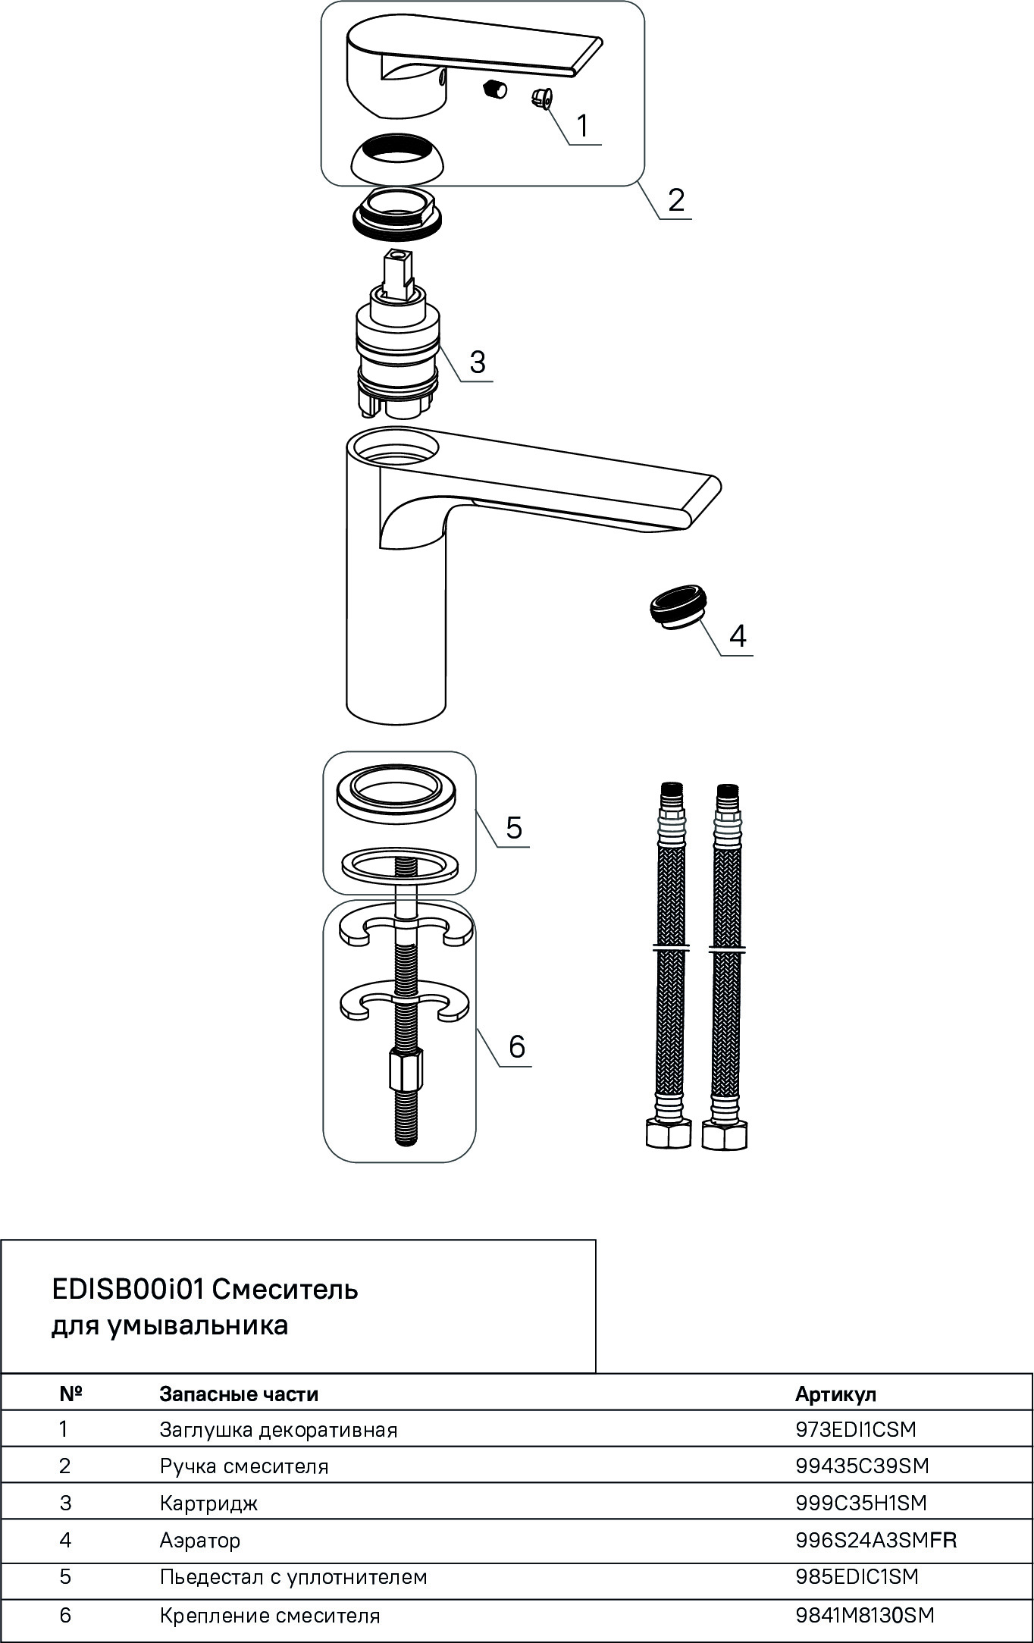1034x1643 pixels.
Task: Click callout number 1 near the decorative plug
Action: pyautogui.click(x=582, y=125)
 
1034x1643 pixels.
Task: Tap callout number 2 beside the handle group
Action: pyautogui.click(x=675, y=199)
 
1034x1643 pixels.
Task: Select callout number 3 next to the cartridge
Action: pyautogui.click(x=477, y=362)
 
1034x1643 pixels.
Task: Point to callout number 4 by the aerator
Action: pyautogui.click(x=738, y=635)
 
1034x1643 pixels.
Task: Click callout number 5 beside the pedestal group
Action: pyautogui.click(x=513, y=827)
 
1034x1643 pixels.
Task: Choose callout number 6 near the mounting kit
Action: pyautogui.click(x=516, y=1046)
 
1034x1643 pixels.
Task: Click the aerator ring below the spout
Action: pyautogui.click(x=678, y=605)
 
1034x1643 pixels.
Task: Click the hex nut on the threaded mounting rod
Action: pyautogui.click(x=405, y=1070)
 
